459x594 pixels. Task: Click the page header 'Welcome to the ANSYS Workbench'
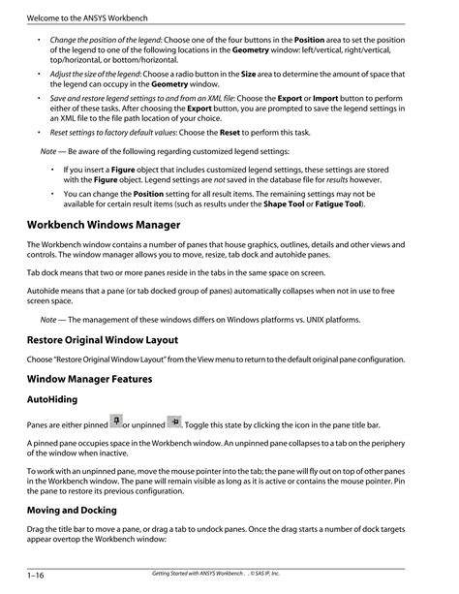82,18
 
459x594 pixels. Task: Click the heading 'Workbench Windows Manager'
104,225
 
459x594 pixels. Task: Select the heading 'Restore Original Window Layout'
108,340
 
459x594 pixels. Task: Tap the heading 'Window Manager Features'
90,380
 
